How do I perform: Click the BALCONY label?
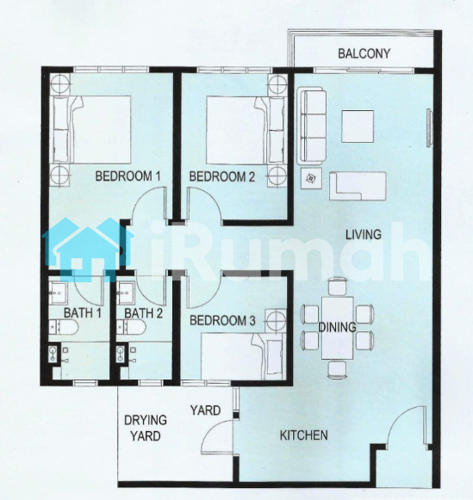364,53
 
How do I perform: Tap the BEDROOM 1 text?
128,176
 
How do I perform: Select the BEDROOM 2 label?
222,176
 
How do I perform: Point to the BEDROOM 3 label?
222,320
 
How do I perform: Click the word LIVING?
364,235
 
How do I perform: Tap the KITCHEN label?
303,435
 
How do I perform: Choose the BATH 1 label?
83,313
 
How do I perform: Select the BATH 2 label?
144,313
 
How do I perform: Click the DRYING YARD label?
146,428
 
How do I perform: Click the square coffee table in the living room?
358,127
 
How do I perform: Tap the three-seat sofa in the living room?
312,127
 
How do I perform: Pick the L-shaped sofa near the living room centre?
358,186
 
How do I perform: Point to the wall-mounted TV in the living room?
429,127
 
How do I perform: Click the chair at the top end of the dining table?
338,286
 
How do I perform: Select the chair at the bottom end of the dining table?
337,370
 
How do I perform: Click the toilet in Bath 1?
64,328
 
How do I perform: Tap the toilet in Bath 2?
132,328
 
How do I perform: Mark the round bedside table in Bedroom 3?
277,320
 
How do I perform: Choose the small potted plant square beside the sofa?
311,179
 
